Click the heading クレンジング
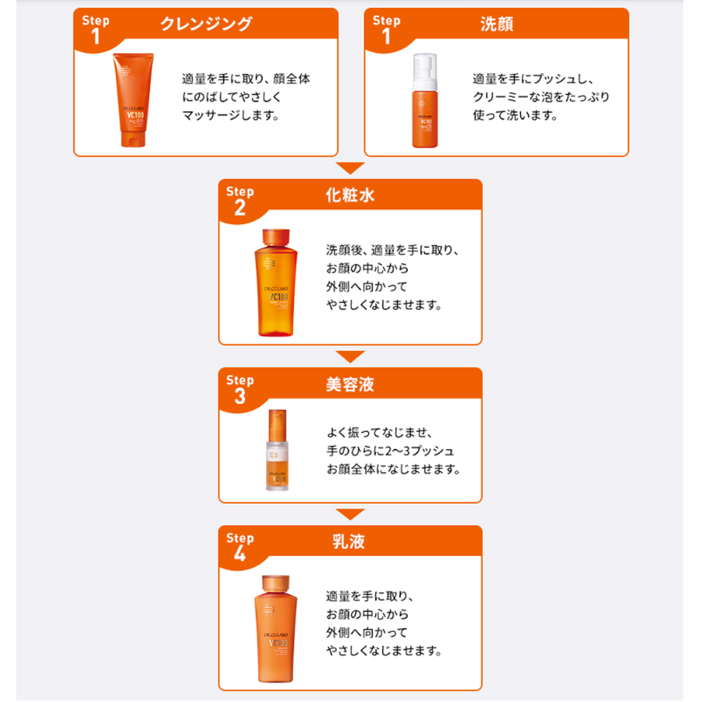206,24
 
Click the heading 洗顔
497,24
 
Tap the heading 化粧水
350,195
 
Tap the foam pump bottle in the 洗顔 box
424,101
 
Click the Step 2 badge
239,200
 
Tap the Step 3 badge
239,388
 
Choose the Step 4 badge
239,546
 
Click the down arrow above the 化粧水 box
350,168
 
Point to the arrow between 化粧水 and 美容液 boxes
350,356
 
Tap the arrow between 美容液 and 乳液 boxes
350,514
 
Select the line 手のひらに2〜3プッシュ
391,451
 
